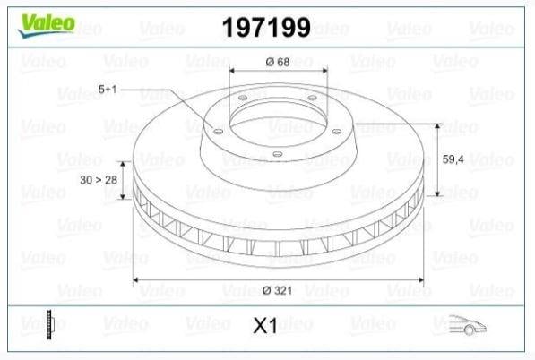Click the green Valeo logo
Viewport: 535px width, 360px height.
point(47,25)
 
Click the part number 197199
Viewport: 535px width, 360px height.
point(266,27)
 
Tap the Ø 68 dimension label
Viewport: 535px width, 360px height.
point(278,62)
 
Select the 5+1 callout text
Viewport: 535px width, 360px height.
point(108,90)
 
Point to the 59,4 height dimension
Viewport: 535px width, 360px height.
point(453,159)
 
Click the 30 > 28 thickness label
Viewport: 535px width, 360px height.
point(99,180)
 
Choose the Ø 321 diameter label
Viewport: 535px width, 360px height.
point(278,290)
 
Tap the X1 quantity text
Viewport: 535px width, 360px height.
point(265,326)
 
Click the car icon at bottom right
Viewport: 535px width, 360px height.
point(467,324)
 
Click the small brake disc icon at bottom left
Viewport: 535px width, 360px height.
point(50,324)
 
